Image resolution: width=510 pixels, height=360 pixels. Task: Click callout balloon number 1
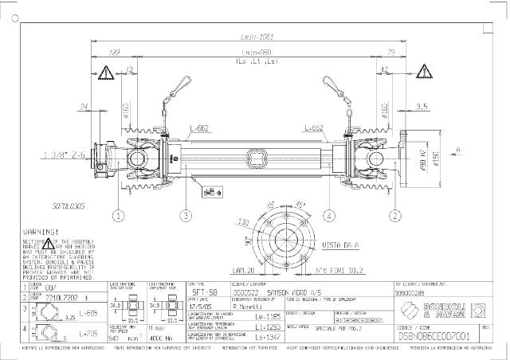coord(118,215)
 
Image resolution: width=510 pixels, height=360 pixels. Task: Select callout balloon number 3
coord(185,215)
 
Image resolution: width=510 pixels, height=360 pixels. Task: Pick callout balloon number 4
coord(328,215)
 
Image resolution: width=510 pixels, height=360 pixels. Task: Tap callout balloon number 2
coord(394,215)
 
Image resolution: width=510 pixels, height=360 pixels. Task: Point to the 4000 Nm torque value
coord(157,338)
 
